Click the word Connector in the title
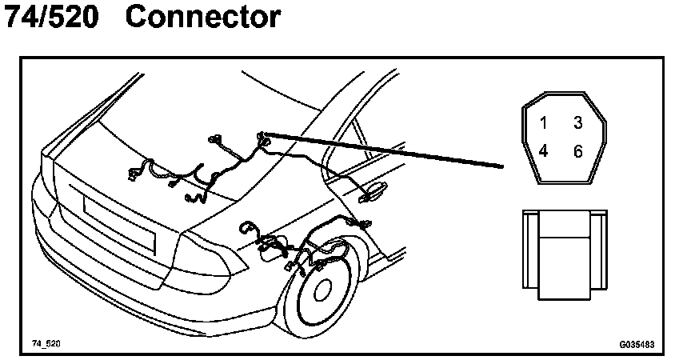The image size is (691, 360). coord(203,18)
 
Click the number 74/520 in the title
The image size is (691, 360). coord(52,18)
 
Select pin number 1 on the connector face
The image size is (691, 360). coord(543,123)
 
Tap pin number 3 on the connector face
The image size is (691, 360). coord(577,123)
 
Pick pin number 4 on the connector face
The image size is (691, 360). coord(543,151)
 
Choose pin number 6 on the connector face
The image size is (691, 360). coord(577,151)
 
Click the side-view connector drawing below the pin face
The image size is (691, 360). coord(564,254)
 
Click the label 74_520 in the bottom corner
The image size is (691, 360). coord(46,343)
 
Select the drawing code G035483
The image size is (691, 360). coord(637,344)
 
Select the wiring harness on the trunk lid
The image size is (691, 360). coord(200,168)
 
